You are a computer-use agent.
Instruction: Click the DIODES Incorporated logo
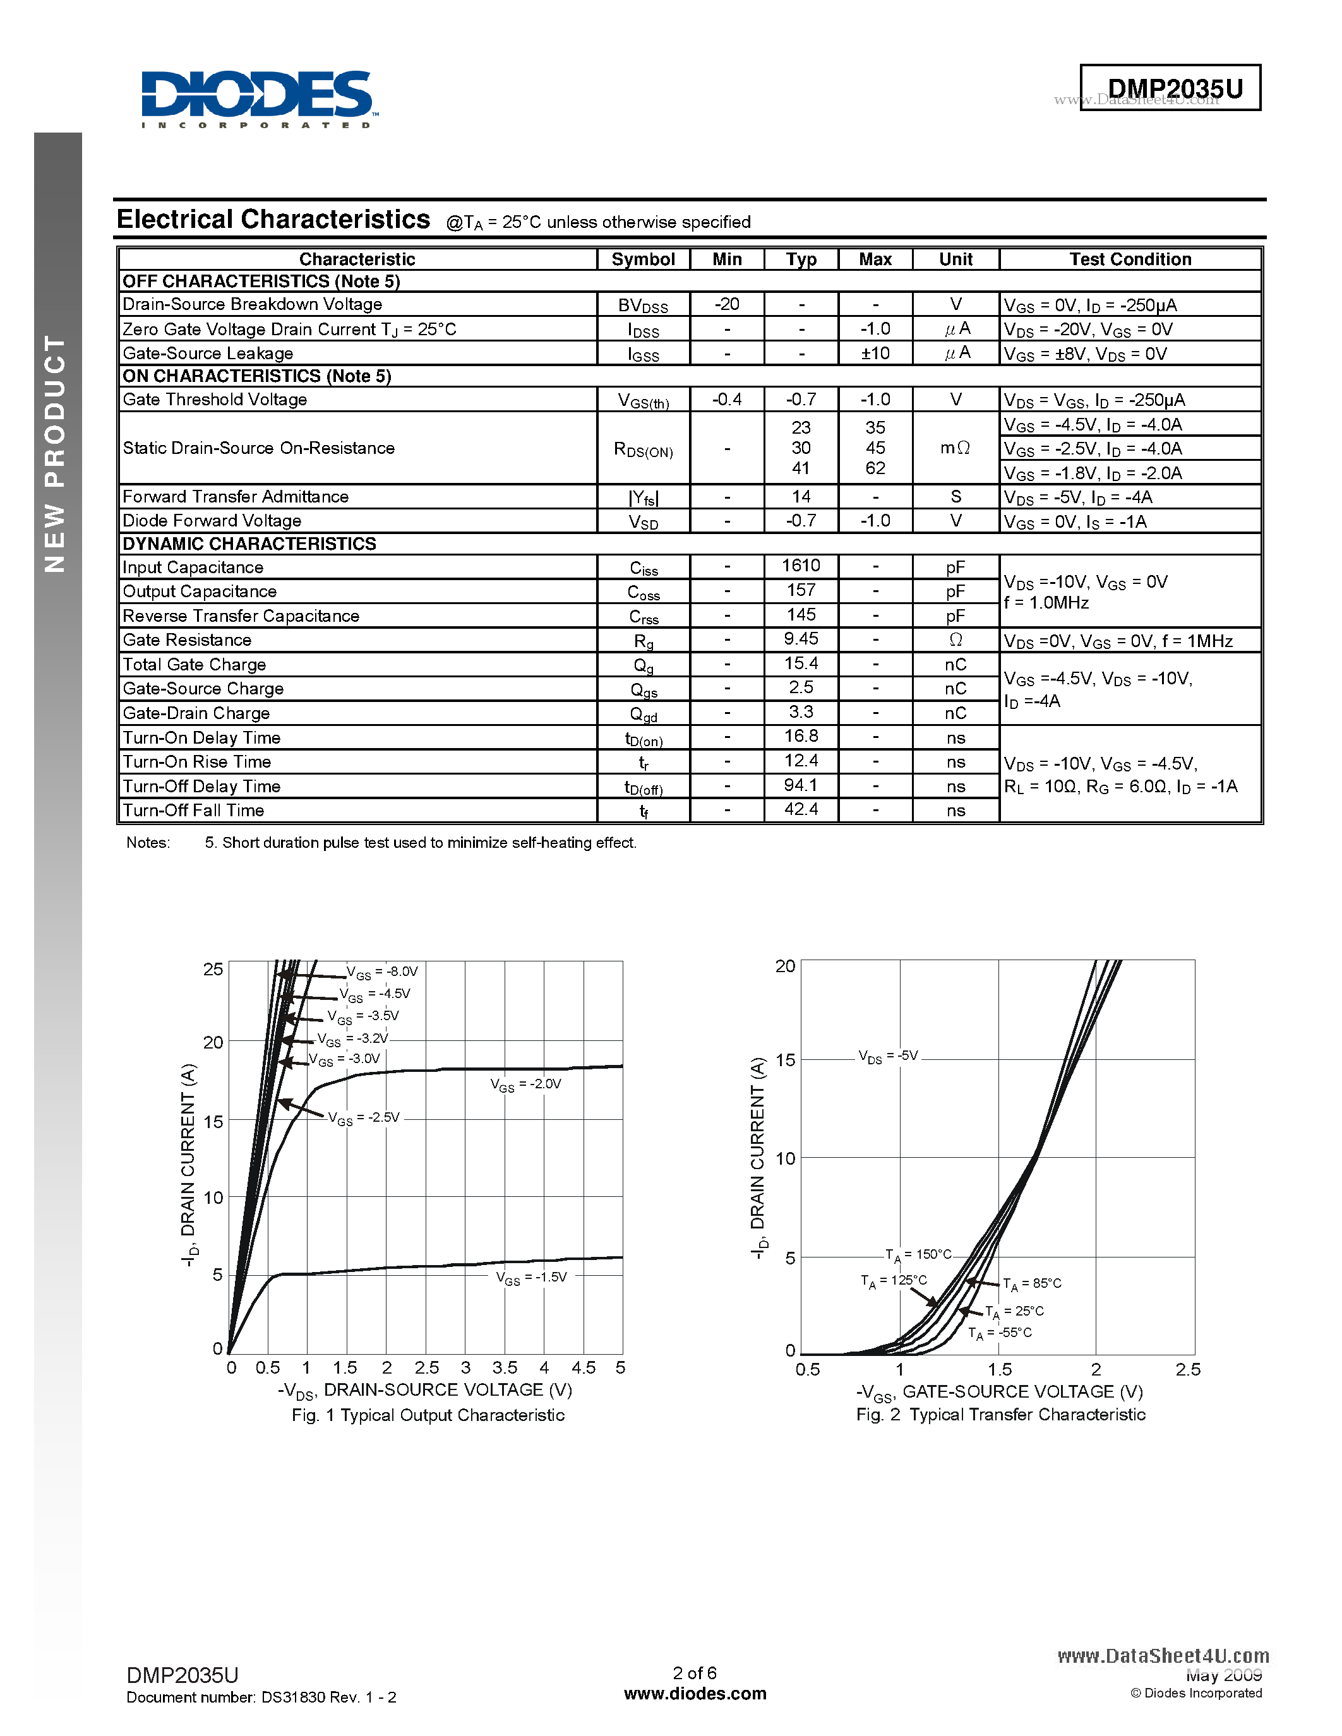[x=257, y=98]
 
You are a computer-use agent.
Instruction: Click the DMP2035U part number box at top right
[x=1170, y=88]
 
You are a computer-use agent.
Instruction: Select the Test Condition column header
[x=1129, y=259]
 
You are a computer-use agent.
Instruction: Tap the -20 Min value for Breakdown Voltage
[x=727, y=304]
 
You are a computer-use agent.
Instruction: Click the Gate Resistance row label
[x=187, y=640]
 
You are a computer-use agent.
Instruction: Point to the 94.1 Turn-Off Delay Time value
[x=801, y=785]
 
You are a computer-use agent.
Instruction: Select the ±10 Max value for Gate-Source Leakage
[x=875, y=353]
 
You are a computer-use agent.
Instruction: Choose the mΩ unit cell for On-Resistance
[x=955, y=448]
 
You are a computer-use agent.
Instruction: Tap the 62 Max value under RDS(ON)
[x=875, y=468]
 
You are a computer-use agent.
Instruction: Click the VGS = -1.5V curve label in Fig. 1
[x=531, y=1277]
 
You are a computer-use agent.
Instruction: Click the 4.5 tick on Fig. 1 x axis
[x=583, y=1368]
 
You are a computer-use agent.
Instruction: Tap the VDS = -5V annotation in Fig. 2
[x=888, y=1056]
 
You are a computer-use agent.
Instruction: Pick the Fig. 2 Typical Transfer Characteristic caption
[x=1000, y=1415]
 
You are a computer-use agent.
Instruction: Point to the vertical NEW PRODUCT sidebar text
[x=55, y=453]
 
